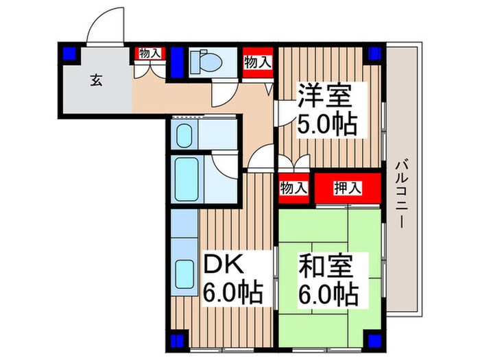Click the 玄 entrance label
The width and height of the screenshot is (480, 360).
96,80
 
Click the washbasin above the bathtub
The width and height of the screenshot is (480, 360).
183,134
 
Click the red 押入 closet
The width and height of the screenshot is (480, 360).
348,189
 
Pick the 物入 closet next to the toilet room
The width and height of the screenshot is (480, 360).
257,62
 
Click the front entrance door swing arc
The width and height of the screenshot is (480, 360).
105,31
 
